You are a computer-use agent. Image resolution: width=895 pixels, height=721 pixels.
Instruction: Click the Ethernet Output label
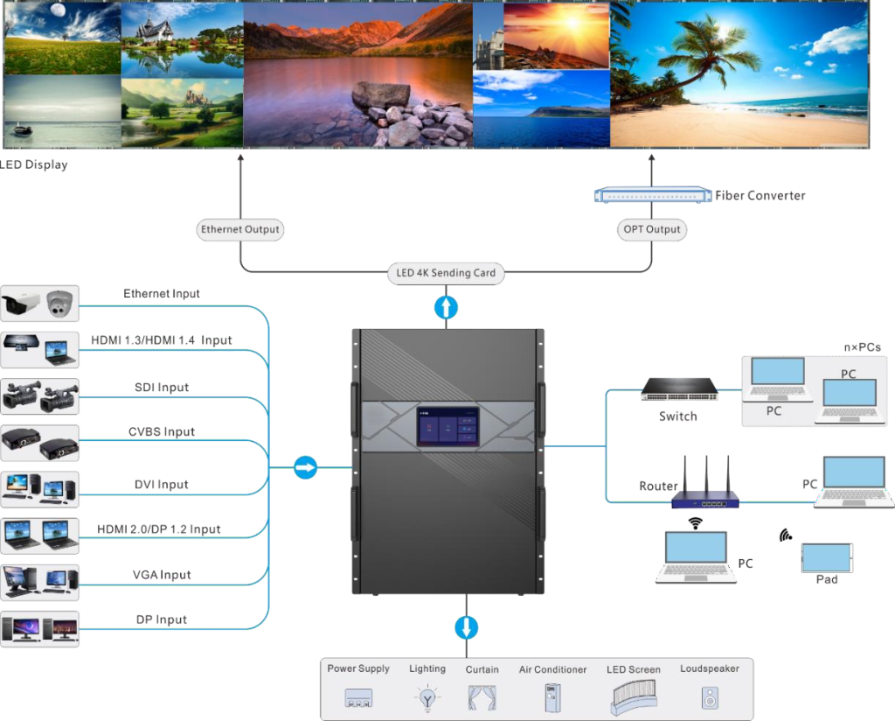click(x=240, y=230)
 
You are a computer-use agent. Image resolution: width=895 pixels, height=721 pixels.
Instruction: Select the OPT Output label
click(x=651, y=230)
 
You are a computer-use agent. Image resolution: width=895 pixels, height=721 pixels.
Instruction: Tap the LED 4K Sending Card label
click(x=446, y=273)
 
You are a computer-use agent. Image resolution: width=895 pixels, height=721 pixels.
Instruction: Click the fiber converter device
click(x=653, y=195)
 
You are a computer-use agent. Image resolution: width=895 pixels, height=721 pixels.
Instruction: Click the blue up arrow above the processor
click(x=447, y=306)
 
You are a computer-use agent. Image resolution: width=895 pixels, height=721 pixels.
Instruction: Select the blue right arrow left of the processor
click(x=305, y=467)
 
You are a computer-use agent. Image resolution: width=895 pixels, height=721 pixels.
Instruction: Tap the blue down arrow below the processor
click(x=466, y=627)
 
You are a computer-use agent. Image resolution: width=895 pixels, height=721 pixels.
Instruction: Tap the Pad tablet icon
click(x=826, y=557)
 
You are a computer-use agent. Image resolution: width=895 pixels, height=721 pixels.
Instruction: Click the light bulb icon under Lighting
click(x=427, y=697)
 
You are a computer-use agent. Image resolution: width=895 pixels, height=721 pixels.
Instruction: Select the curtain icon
click(x=482, y=697)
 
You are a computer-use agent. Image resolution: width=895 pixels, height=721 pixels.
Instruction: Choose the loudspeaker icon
click(x=709, y=698)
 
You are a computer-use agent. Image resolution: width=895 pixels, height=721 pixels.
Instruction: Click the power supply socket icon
click(x=358, y=697)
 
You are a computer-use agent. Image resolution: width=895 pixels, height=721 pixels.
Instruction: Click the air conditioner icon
click(x=552, y=696)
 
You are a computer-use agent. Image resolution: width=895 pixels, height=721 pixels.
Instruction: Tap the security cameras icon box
click(x=40, y=304)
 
